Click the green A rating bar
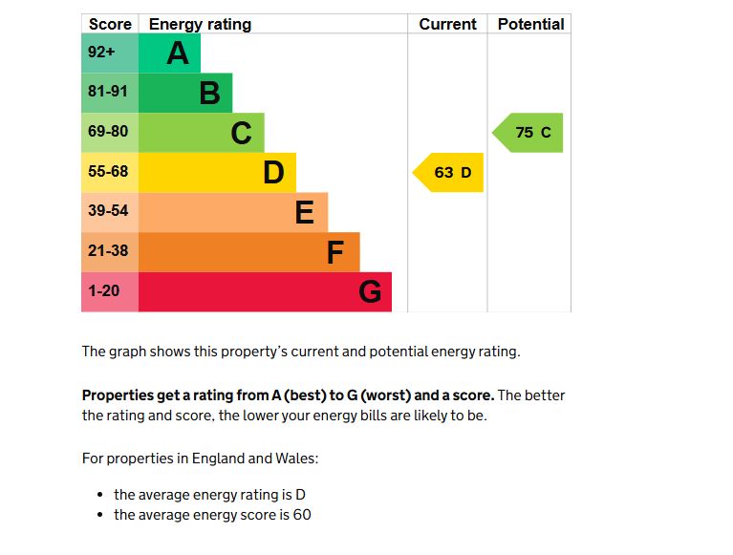tap(170, 53)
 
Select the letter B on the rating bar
tap(209, 94)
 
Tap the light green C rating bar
tap(202, 133)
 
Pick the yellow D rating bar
tap(217, 173)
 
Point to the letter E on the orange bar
tap(304, 212)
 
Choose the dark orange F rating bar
tap(248, 252)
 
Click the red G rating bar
tap(265, 291)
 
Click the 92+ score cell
tap(102, 53)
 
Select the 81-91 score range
tap(108, 93)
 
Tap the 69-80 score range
tap(108, 132)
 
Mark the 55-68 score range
tap(108, 172)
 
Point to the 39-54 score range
tap(108, 211)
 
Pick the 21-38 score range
tap(108, 251)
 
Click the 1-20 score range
tap(104, 290)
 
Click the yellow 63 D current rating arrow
tap(450, 173)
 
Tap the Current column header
tap(447, 25)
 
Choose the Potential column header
tap(530, 25)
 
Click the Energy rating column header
tap(200, 25)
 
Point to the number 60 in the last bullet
tap(302, 515)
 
